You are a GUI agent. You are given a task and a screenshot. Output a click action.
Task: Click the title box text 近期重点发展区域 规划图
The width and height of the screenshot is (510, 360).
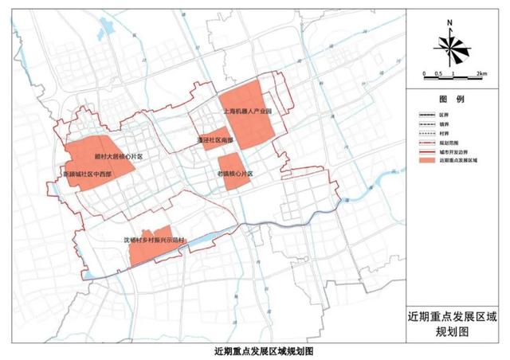(451, 326)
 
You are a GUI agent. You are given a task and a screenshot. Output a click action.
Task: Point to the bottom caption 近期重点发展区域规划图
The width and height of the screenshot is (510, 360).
(254, 351)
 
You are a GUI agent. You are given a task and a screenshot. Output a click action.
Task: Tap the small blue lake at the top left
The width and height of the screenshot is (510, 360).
(104, 33)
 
